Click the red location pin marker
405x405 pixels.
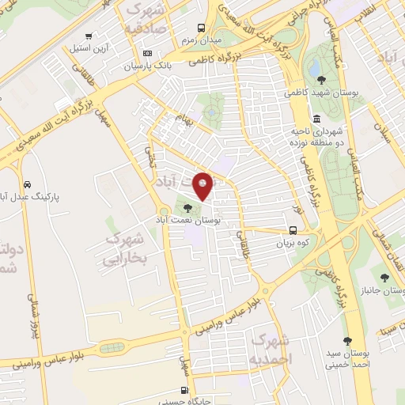point(203,186)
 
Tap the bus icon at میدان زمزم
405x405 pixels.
point(202,27)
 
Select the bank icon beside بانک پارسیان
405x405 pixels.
point(147,53)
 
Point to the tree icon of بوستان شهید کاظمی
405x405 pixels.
point(321,79)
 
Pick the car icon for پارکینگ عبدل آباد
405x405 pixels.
point(27,181)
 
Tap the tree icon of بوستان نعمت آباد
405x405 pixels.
point(187,208)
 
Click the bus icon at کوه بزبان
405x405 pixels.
point(293,232)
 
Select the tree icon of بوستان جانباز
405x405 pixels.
point(384,277)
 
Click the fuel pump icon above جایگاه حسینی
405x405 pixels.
point(184,390)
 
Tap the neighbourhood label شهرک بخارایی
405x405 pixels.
point(127,250)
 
